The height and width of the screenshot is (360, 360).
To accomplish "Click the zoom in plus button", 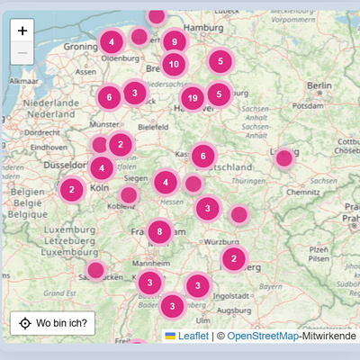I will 22,31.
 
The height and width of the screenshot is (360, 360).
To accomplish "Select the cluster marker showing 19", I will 192,98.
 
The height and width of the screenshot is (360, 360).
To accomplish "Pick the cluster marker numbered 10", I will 174,64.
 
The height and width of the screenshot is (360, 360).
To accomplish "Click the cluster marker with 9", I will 174,41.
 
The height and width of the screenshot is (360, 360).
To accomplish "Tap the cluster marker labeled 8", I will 159,231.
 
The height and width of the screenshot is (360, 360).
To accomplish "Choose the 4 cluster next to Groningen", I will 112,41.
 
